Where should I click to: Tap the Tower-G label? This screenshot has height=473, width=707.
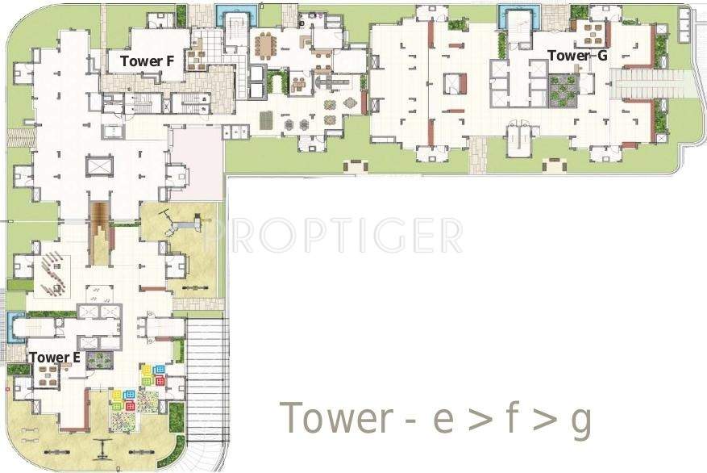578,56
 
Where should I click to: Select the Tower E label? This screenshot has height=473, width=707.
54,357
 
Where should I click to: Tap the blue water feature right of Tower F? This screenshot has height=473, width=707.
235,15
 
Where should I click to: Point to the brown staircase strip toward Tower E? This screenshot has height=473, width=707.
101,230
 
